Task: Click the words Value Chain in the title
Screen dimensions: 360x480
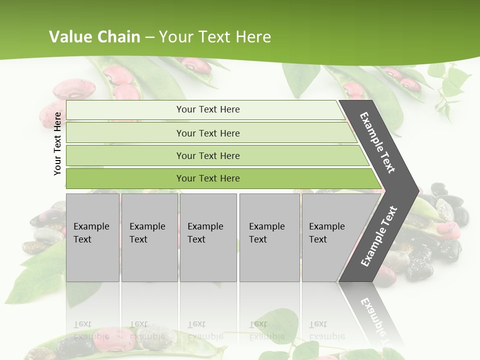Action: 94,37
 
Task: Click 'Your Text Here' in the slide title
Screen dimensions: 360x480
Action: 215,37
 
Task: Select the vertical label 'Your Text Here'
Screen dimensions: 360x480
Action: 57,143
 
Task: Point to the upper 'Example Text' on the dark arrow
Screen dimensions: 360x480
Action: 377,142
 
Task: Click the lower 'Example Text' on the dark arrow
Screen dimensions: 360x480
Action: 378,236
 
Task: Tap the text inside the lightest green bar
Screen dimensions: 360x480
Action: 208,109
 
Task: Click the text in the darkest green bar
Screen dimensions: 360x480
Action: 208,178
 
